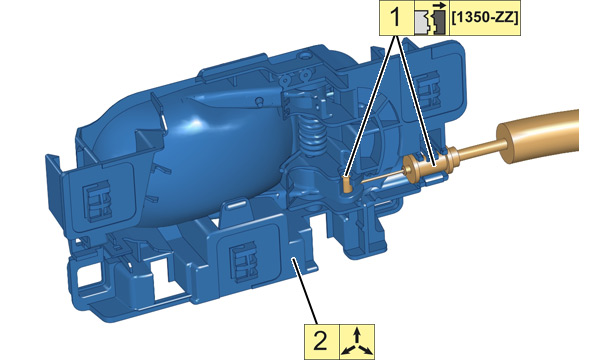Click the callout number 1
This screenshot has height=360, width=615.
pyautogui.click(x=396, y=18)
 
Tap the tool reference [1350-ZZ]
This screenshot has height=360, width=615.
pyautogui.click(x=484, y=18)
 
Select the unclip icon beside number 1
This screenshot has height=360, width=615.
pyautogui.click(x=431, y=18)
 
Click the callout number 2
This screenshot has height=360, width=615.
pyautogui.click(x=320, y=341)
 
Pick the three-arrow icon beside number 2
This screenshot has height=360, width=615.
pyautogui.click(x=356, y=342)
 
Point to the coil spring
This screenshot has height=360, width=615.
pyautogui.click(x=312, y=135)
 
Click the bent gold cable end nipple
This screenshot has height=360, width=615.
pyautogui.click(x=348, y=184)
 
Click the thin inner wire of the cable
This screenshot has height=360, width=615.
pyautogui.click(x=382, y=178)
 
